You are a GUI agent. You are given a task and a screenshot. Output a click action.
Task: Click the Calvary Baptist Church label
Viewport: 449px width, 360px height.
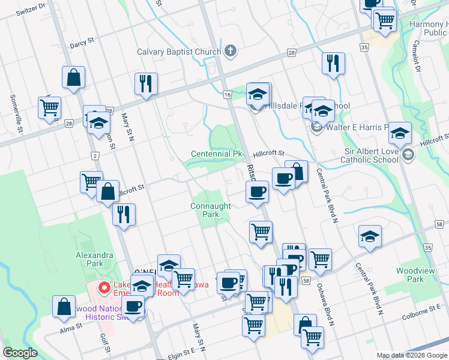click(x=179, y=52)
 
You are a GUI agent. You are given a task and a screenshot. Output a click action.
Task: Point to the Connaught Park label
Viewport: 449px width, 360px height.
click(x=210, y=210)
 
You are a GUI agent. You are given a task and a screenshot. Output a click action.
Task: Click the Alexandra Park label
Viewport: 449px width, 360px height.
click(x=94, y=259)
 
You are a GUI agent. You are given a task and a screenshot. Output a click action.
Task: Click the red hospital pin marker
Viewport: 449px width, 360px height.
click(x=103, y=288)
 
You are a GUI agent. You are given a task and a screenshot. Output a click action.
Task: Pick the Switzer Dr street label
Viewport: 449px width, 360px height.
click(x=31, y=11)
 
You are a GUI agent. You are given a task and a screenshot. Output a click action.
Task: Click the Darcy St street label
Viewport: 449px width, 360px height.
click(x=82, y=43)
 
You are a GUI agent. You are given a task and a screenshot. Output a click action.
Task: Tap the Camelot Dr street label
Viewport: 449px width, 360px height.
click(x=415, y=56)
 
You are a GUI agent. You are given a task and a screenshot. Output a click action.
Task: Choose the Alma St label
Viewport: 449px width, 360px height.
click(x=71, y=328)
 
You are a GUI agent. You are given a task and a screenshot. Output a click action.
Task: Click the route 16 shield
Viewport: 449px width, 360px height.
click(x=227, y=95)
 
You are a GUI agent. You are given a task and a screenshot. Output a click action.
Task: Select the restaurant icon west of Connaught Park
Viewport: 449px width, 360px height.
click(x=124, y=214)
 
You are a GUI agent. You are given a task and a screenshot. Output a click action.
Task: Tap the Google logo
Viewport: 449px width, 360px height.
click(x=20, y=353)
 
